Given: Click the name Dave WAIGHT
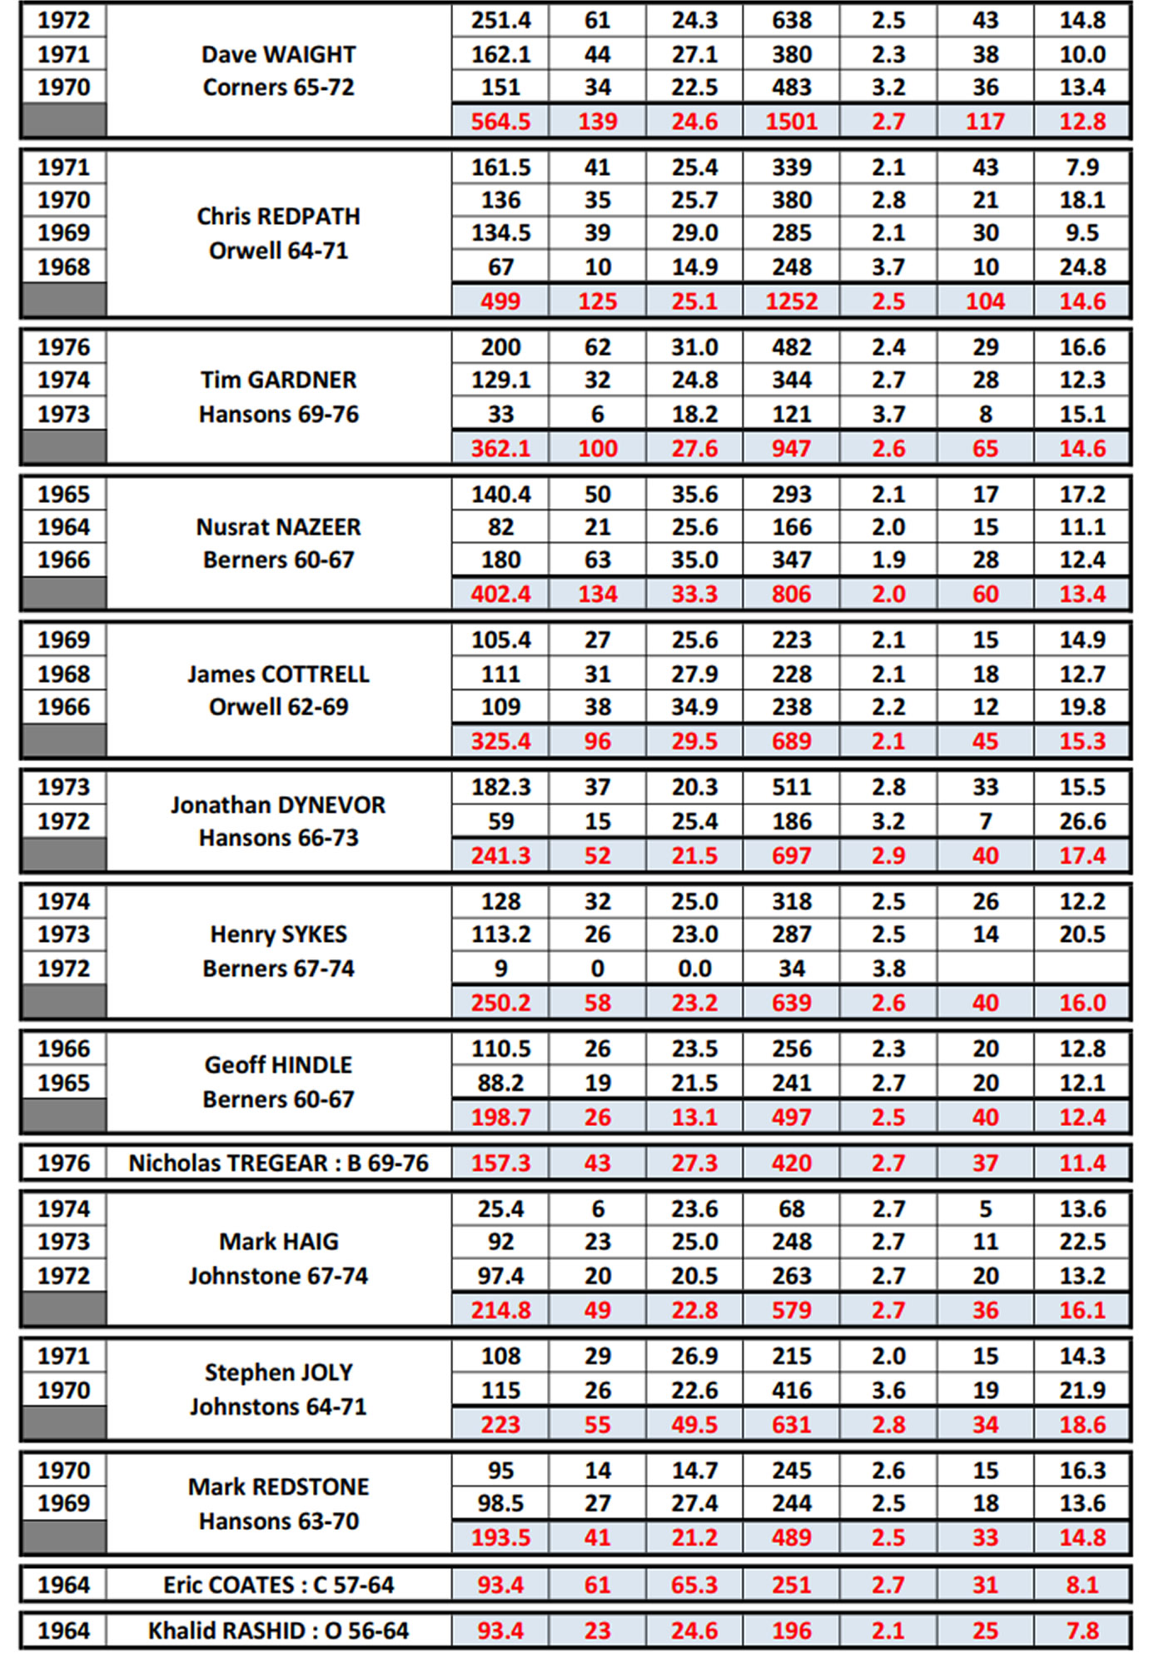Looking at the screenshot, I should [x=278, y=54].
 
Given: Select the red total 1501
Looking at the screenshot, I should [x=791, y=122].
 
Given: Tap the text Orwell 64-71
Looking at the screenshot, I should [x=278, y=251].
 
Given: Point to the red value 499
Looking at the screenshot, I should [x=500, y=301].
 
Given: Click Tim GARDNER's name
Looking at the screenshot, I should [x=278, y=380].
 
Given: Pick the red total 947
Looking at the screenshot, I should [x=791, y=449].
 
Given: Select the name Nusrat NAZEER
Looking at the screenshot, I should [x=278, y=527].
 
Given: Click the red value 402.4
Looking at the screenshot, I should [x=500, y=595].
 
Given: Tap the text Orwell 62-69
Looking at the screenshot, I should [x=278, y=707].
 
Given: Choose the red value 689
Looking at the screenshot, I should [x=791, y=741].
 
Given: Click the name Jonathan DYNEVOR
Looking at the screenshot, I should [x=278, y=805].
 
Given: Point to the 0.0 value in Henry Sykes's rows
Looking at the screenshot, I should [x=694, y=968].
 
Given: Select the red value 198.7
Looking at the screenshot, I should [x=500, y=1118].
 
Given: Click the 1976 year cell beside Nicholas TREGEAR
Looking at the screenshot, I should [x=64, y=1163].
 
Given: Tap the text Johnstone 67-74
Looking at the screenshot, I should [x=278, y=1276].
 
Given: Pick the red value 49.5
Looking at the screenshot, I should [x=694, y=1425].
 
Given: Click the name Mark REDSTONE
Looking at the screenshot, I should [x=278, y=1486].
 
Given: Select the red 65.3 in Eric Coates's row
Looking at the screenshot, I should [x=694, y=1585].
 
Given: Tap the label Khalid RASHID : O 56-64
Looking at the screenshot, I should [x=278, y=1631].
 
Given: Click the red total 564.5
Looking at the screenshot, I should [x=500, y=122].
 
